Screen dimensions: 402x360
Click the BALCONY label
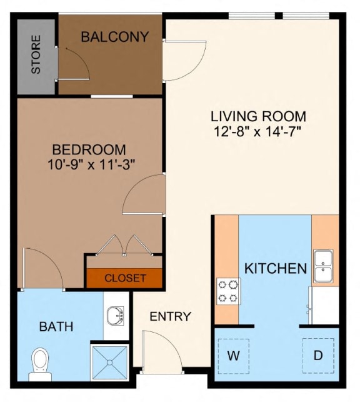point(115,37)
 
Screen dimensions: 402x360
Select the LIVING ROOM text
point(258,116)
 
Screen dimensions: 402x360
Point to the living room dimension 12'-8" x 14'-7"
point(258,131)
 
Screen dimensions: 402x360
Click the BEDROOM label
point(89,150)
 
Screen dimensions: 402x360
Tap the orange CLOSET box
point(125,278)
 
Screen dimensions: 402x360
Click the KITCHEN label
point(275,269)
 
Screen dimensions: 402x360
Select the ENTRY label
point(170,317)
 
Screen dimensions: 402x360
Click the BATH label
point(56,326)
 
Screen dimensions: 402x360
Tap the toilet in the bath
point(40,363)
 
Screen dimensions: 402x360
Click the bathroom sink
point(114,316)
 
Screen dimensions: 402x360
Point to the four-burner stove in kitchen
point(228,291)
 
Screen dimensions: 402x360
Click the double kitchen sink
point(323,266)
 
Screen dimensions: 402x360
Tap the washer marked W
point(234,356)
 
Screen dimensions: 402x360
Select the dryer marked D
point(318,356)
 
